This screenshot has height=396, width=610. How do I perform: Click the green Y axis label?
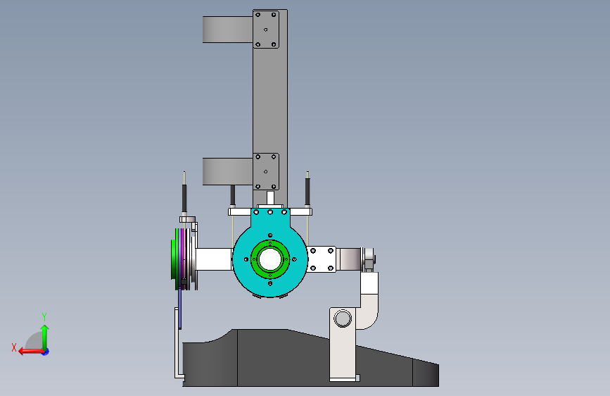[44, 316]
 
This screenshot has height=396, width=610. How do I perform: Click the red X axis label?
[14, 347]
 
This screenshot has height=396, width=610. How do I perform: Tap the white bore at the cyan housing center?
[270, 259]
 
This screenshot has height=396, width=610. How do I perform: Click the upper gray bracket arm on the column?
[227, 29]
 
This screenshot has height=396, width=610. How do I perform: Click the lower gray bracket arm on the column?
[227, 171]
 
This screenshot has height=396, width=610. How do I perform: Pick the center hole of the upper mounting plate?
[266, 30]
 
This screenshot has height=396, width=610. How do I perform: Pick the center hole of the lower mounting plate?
[266, 171]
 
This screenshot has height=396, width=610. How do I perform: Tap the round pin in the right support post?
[343, 318]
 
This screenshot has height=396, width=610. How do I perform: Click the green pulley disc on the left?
[175, 259]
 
